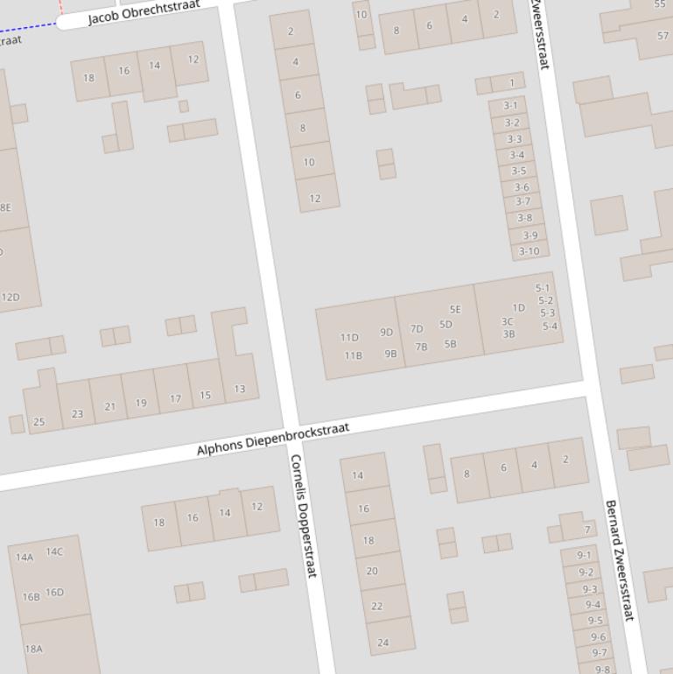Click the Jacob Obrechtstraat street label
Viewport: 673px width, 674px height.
[x=144, y=12]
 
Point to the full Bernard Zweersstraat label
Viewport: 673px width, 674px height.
[x=618, y=561]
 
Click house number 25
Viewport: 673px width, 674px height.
[x=39, y=422]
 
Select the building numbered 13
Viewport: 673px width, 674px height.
[x=239, y=389]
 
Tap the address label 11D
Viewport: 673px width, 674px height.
[x=349, y=337]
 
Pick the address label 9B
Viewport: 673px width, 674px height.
[x=390, y=354]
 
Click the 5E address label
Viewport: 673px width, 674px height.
[x=455, y=309]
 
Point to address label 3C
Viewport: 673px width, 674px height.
[x=508, y=321]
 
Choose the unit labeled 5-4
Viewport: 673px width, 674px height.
[x=550, y=326]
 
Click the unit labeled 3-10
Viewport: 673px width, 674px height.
[x=529, y=251]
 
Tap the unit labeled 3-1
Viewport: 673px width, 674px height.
[x=510, y=105]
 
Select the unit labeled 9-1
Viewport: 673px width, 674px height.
[x=584, y=555]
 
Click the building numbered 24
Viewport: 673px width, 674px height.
[x=382, y=642]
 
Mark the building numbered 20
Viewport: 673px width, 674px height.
[x=372, y=571]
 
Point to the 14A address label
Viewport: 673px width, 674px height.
[x=24, y=557]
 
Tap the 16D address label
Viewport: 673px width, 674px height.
[x=54, y=592]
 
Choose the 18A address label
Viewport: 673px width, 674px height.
[x=33, y=649]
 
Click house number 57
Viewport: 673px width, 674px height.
[x=662, y=36]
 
